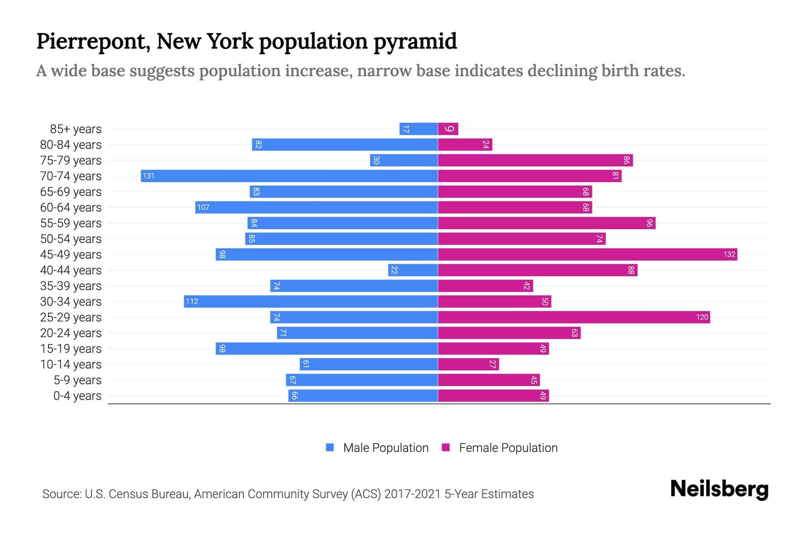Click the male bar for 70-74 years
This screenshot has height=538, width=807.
[289, 176]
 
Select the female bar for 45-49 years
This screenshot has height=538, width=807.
[587, 254]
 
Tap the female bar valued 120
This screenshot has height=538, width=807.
[574, 317]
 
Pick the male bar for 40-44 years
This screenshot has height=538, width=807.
[413, 270]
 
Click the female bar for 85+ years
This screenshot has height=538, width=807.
[448, 129]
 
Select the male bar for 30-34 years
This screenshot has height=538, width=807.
[311, 301]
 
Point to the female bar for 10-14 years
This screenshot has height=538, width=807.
[468, 364]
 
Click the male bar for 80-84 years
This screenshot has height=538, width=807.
[345, 144]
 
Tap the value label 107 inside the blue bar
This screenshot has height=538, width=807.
[203, 207]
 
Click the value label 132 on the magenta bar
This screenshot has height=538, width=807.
[729, 254]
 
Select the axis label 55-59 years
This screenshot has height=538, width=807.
[71, 223]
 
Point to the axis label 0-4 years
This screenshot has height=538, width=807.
[77, 395]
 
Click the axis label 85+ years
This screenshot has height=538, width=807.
[76, 129]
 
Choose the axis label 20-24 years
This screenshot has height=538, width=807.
[71, 333]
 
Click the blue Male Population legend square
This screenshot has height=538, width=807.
[330, 447]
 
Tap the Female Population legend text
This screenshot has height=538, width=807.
[508, 447]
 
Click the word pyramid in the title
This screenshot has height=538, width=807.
[415, 41]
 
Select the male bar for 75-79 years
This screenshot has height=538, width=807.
[403, 160]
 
